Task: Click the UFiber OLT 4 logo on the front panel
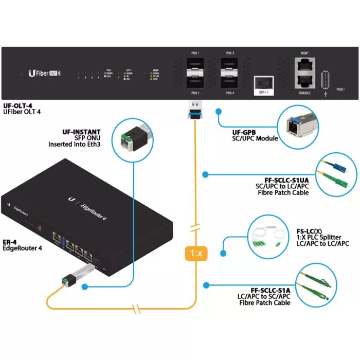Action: pyautogui.click(x=45, y=73)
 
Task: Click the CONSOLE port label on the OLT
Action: pyautogui.click(x=303, y=94)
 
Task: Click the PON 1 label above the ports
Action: pyautogui.click(x=195, y=53)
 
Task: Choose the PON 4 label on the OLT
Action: pyautogui.click(x=230, y=93)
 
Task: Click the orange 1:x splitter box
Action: pyautogui.click(x=195, y=254)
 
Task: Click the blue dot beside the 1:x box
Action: pyautogui.click(x=222, y=253)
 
